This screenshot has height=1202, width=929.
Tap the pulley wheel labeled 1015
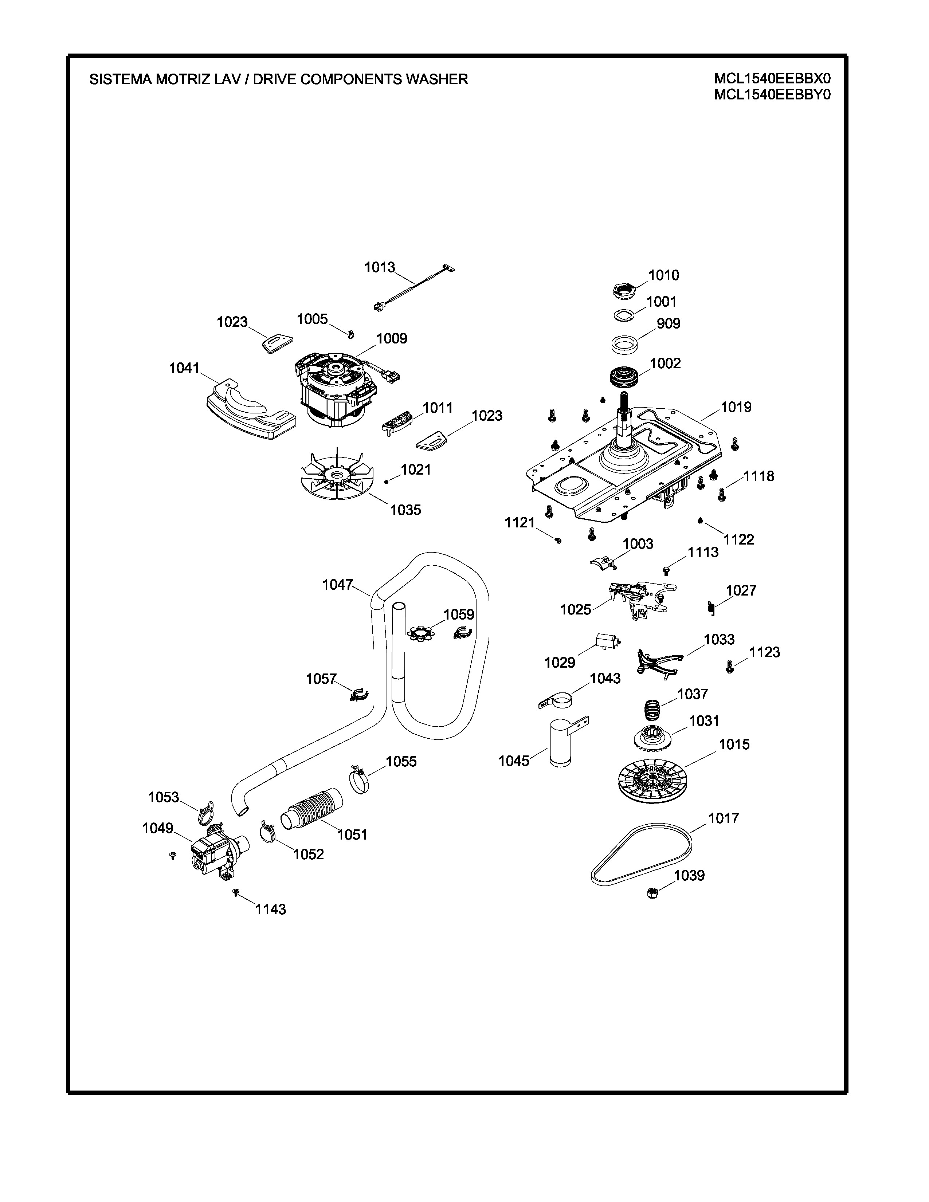pyautogui.click(x=651, y=778)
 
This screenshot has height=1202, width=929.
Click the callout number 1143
pyautogui.click(x=270, y=909)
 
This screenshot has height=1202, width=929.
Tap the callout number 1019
pyautogui.click(x=736, y=407)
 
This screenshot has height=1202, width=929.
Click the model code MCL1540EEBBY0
pyautogui.click(x=772, y=95)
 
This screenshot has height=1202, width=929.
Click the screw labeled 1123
pyautogui.click(x=730, y=667)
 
